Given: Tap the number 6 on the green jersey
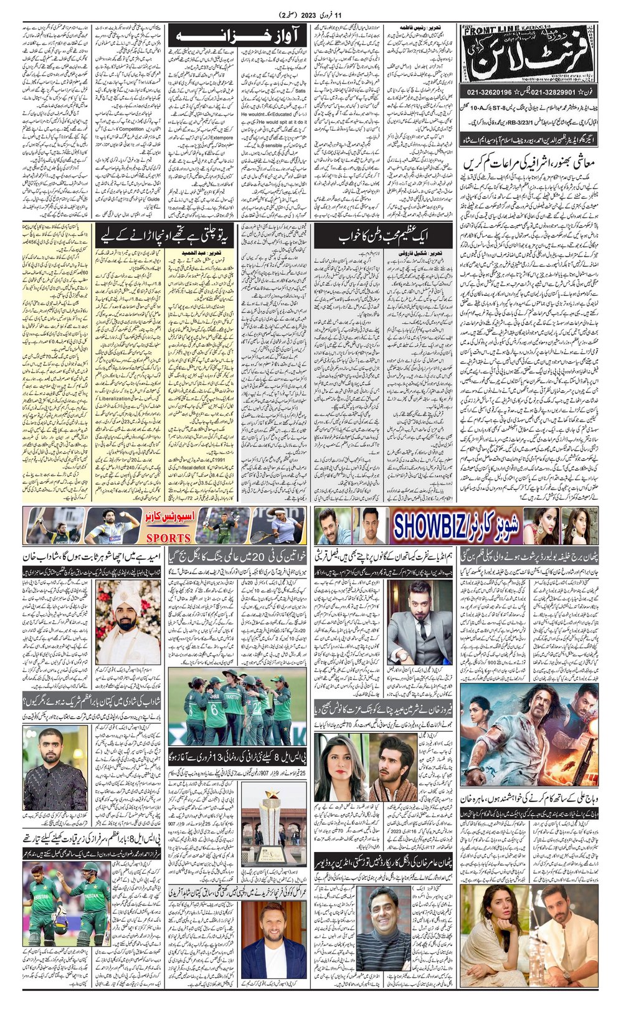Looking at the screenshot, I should (x=214, y=709).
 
